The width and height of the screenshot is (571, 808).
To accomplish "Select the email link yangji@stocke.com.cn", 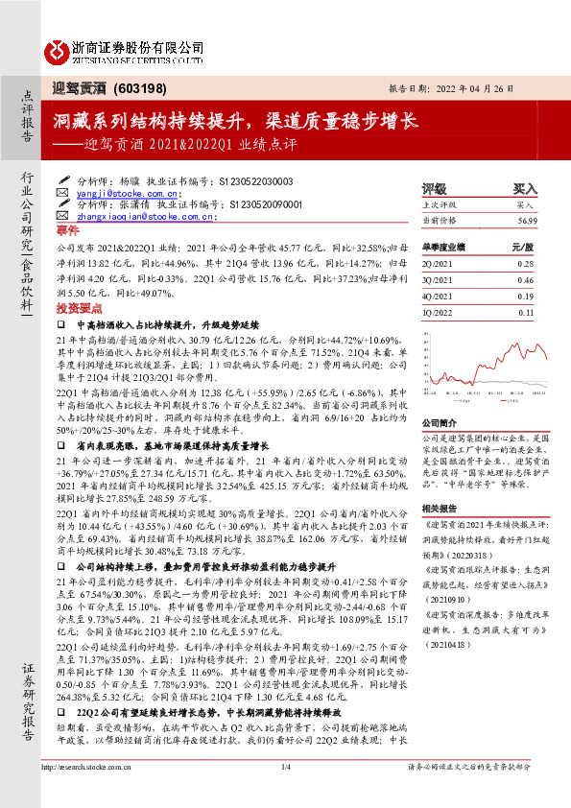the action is pyautogui.click(x=116, y=192).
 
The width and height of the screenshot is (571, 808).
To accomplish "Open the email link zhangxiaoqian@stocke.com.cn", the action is pyautogui.click(x=143, y=218).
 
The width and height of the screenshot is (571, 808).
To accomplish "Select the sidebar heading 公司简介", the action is pyautogui.click(x=440, y=421).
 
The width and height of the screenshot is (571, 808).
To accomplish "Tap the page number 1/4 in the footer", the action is pyautogui.click(x=285, y=793).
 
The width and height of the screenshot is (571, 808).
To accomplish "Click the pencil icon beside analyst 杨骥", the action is pyautogui.click(x=64, y=179).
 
